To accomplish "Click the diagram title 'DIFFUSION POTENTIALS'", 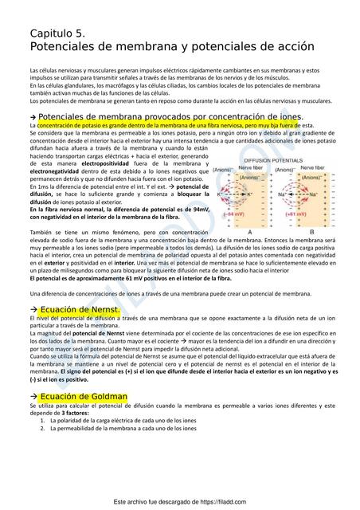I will click(x=273, y=161).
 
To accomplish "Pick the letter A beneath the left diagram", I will click(x=250, y=231).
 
